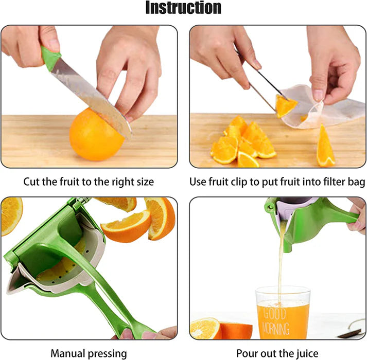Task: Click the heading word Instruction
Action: coord(183,8)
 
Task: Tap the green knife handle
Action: coord(50,58)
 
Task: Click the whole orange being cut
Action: coord(96,135)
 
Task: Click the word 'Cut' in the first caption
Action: coord(31,182)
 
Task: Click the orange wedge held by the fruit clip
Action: coord(286,106)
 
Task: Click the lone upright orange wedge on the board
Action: coord(325,147)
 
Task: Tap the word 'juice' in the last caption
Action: coord(306,353)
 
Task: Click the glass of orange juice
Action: coord(283,313)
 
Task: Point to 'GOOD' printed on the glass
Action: coord(274,314)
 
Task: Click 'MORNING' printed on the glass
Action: coord(276,328)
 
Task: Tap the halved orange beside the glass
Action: coord(221,329)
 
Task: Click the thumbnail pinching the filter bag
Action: coord(318,95)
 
